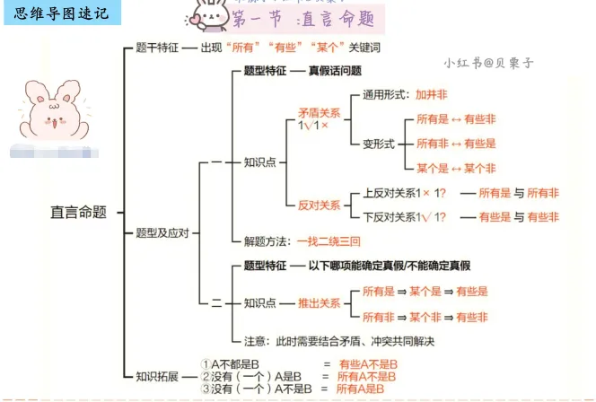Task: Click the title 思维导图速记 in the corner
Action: [x=62, y=13]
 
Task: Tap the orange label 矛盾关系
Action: [x=320, y=114]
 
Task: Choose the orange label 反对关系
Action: [x=320, y=205]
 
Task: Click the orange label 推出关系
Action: [x=320, y=304]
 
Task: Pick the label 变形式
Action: [x=378, y=144]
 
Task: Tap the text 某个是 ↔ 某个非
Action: [x=456, y=168]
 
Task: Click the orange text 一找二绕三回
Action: [x=329, y=241]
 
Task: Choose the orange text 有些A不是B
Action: [x=368, y=364]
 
